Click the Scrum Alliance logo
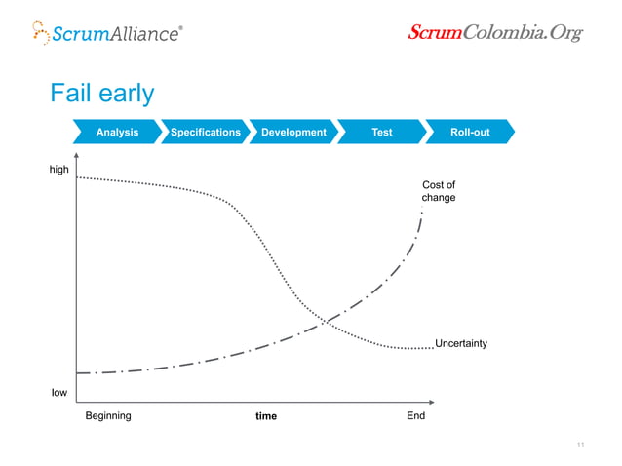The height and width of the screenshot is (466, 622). pyautogui.click(x=106, y=33)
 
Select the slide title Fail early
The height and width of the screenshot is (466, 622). pyautogui.click(x=102, y=93)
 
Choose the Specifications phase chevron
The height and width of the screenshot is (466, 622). pyautogui.click(x=205, y=132)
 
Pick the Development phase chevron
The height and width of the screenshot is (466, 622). pyautogui.click(x=292, y=132)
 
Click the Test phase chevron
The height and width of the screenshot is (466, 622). pyautogui.click(x=381, y=132)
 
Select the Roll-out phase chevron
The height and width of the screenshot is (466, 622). pyautogui.click(x=469, y=132)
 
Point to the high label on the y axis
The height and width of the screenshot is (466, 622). pyautogui.click(x=60, y=171)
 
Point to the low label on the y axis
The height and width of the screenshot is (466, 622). pyautogui.click(x=59, y=393)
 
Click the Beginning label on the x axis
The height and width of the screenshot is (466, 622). pyautogui.click(x=108, y=415)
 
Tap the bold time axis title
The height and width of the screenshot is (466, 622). pyautogui.click(x=265, y=416)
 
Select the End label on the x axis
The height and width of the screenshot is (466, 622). pyautogui.click(x=415, y=415)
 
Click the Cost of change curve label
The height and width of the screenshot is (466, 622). pyautogui.click(x=438, y=191)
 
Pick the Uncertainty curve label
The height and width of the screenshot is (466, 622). pyautogui.click(x=460, y=343)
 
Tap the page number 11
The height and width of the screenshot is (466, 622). pyautogui.click(x=580, y=446)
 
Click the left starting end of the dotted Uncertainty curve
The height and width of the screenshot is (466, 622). pyautogui.click(x=77, y=177)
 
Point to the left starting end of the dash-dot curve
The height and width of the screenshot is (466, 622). pyautogui.click(x=78, y=372)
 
